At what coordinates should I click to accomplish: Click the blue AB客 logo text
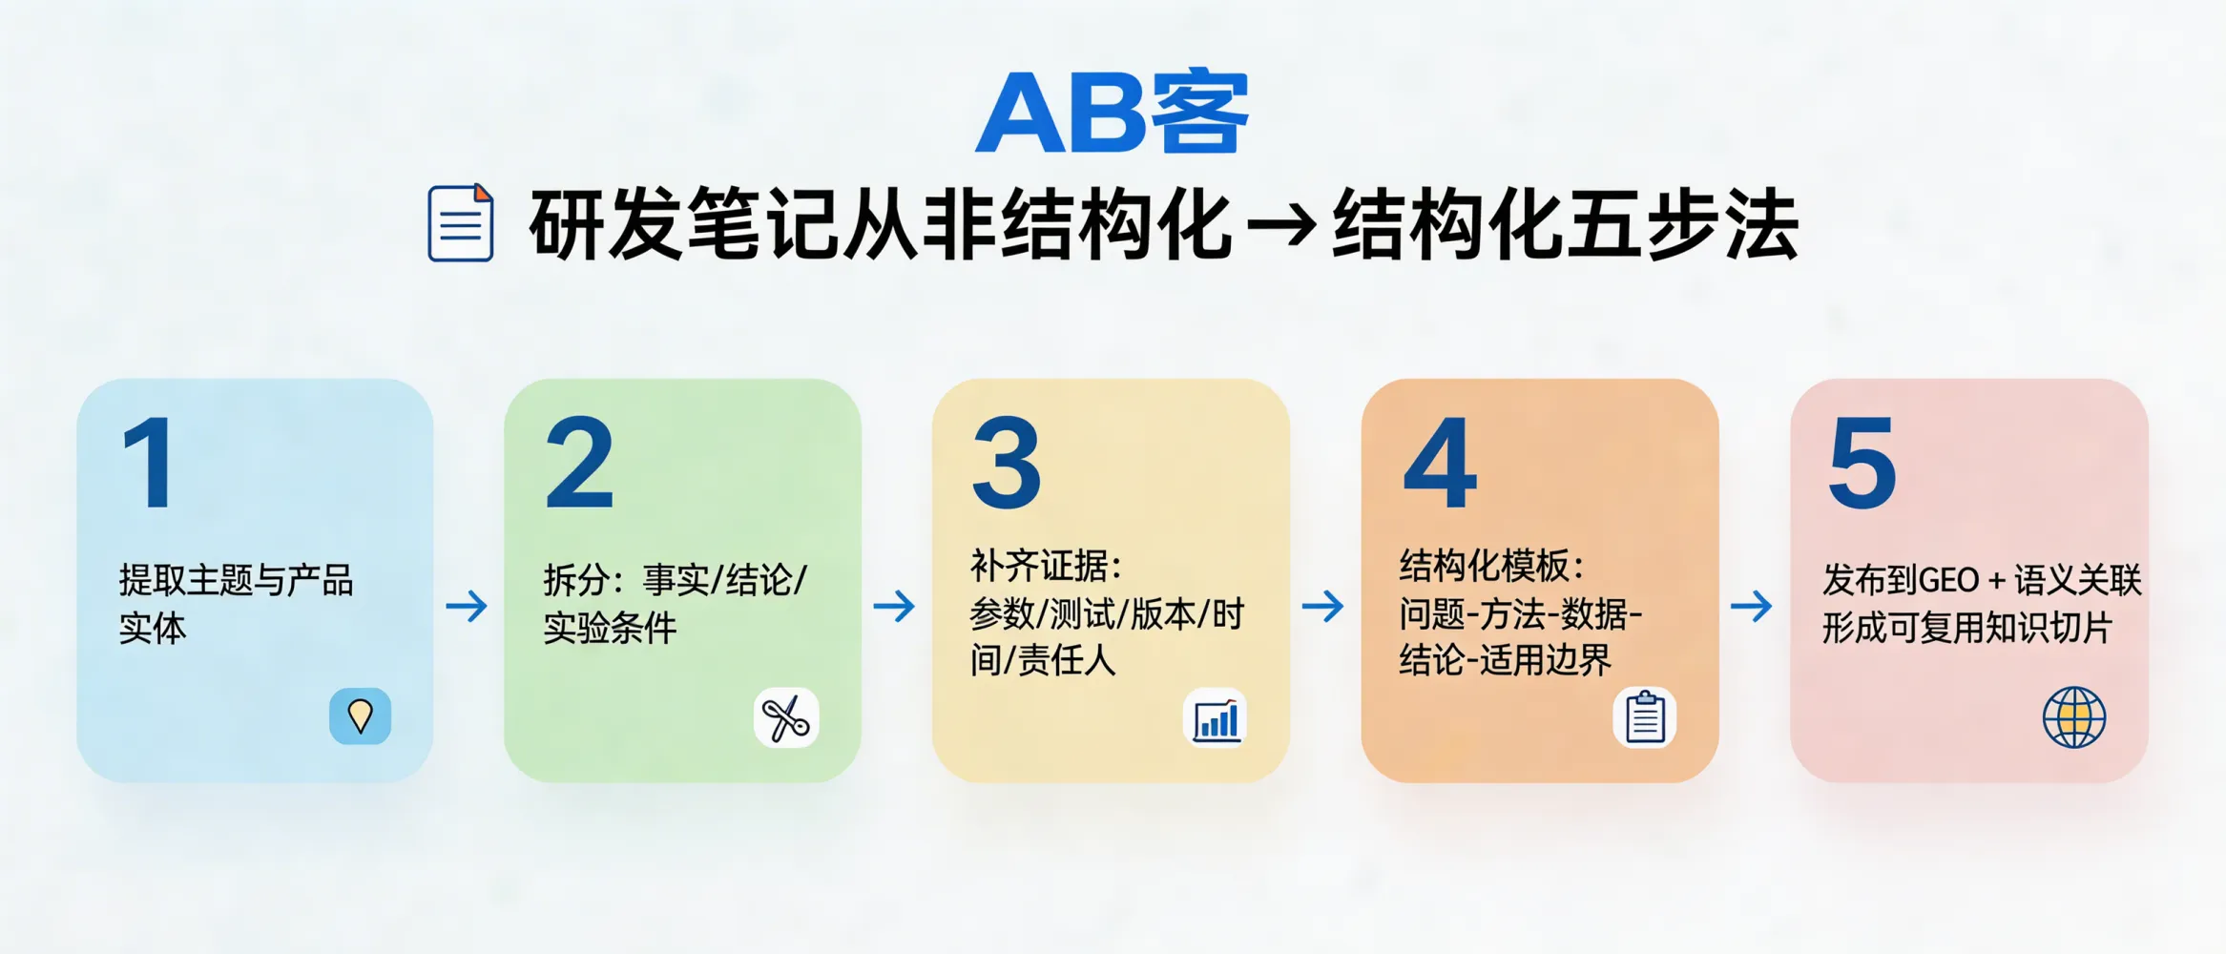1113,113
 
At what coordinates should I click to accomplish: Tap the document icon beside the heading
461,223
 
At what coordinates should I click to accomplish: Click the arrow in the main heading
1281,226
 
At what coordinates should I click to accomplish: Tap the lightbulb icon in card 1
360,716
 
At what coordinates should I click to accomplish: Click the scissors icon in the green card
786,717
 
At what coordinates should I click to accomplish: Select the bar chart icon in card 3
1216,718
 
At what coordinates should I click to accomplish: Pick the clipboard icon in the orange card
1645,717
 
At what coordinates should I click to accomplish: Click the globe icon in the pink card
2074,717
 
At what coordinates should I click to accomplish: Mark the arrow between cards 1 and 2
467,606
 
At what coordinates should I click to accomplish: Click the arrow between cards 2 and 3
894,606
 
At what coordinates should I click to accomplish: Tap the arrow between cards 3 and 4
1323,606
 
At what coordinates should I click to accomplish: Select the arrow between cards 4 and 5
1752,606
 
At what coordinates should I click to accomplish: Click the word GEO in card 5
1947,581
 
